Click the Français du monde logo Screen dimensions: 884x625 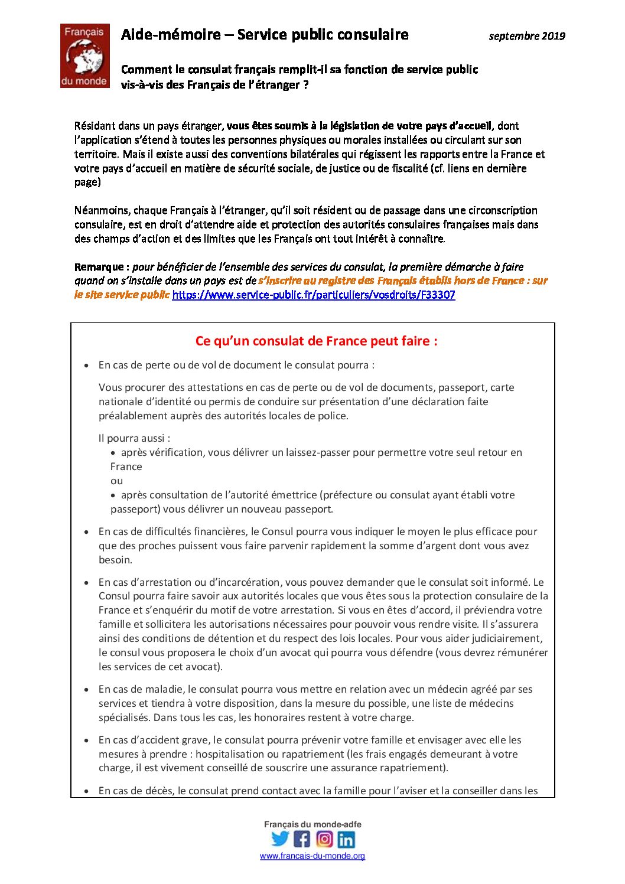pyautogui.click(x=84, y=56)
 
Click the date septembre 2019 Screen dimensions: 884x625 pyautogui.click(x=527, y=36)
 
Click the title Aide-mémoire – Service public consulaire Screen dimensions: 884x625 pyautogui.click(x=265, y=35)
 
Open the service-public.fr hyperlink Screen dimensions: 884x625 pyautogui.click(x=314, y=295)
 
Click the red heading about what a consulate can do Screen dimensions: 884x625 pyautogui.click(x=317, y=341)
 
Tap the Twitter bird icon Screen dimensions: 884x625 pyautogui.click(x=280, y=839)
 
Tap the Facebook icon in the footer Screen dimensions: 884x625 pyautogui.click(x=302, y=839)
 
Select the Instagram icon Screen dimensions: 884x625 pyautogui.click(x=324, y=839)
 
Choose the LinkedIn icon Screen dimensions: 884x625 pyautogui.click(x=346, y=839)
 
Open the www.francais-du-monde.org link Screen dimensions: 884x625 pyautogui.click(x=312, y=856)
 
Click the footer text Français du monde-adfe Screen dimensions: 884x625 pyautogui.click(x=312, y=824)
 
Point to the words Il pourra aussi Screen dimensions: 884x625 pyautogui.click(x=134, y=438)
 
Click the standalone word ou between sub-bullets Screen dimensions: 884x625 pyautogui.click(x=116, y=481)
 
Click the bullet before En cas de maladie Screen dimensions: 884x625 pyautogui.click(x=87, y=690)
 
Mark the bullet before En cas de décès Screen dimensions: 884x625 pyautogui.click(x=87, y=791)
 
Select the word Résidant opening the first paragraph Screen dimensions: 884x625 pyautogui.click(x=95, y=126)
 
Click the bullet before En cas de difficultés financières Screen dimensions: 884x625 pyautogui.click(x=87, y=532)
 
